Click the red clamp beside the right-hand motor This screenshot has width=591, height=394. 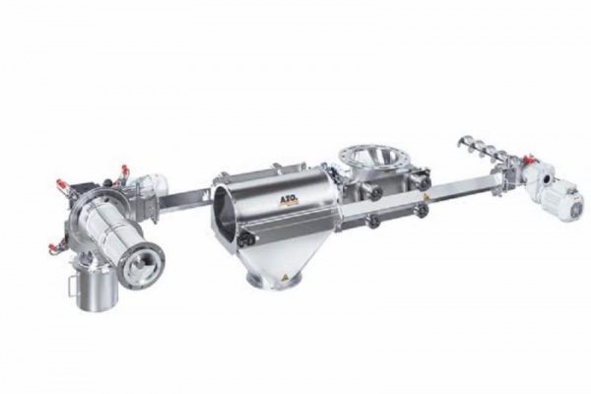tap(531, 158)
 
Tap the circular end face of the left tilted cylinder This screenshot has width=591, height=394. tap(141, 263)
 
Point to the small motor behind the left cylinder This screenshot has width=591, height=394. tap(152, 185)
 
